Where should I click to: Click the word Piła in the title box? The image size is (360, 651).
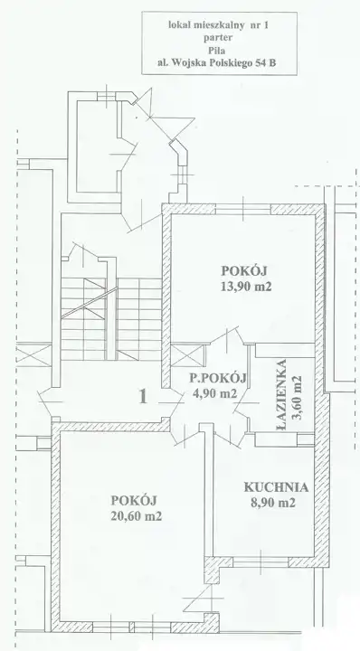(219, 51)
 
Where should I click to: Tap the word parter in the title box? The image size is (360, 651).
(219, 38)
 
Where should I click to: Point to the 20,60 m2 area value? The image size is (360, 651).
(137, 516)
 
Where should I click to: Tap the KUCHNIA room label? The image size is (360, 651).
(276, 487)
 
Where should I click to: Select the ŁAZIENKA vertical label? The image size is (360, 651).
(281, 395)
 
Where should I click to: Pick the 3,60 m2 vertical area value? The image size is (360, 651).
(297, 398)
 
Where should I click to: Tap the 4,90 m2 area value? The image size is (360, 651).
(214, 393)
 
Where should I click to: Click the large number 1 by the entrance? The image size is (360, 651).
(143, 397)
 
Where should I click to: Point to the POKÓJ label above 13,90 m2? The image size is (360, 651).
(244, 270)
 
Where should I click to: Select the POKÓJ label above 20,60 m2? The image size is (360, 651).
(134, 500)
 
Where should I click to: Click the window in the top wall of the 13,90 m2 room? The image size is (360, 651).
(243, 209)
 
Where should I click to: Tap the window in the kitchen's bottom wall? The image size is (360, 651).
(261, 562)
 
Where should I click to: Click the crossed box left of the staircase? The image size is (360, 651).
(33, 355)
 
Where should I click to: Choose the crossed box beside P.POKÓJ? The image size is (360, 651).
(187, 356)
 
